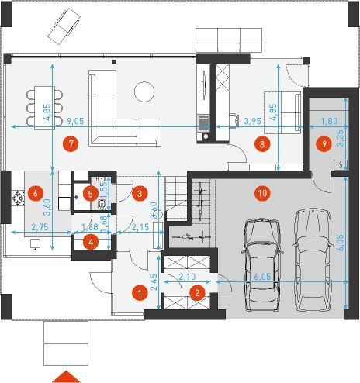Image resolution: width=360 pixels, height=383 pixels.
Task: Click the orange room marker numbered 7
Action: pyautogui.click(x=71, y=143)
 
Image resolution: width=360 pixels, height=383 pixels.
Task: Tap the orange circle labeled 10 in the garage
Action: pyautogui.click(x=262, y=193)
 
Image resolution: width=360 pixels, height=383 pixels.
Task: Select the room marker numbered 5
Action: pyautogui.click(x=90, y=193)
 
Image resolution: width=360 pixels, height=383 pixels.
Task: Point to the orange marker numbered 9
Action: pyautogui.click(x=324, y=143)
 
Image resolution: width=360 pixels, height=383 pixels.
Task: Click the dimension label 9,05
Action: pyautogui.click(x=75, y=121)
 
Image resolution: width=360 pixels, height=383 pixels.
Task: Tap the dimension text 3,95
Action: pyautogui.click(x=253, y=121)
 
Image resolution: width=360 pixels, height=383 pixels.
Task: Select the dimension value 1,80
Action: pyautogui.click(x=329, y=121)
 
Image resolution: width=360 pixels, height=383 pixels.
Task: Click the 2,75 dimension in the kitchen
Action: pyautogui.click(x=40, y=227)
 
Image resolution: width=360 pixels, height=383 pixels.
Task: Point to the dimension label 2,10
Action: pyautogui.click(x=187, y=277)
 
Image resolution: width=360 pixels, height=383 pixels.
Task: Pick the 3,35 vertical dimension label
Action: pyautogui.click(x=341, y=138)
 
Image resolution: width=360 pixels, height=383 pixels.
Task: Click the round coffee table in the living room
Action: pyautogui.click(x=144, y=91)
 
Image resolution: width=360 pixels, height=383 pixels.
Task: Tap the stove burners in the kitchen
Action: pyautogui.click(x=18, y=198)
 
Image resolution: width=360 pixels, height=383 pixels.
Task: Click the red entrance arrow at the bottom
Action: pyautogui.click(x=66, y=376)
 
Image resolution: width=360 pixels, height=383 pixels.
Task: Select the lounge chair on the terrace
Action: pyautogui.click(x=64, y=26)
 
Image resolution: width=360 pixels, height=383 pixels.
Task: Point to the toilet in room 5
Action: pyautogui.click(x=102, y=204)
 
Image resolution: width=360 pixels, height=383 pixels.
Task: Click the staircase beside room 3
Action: pyautogui.click(x=176, y=193)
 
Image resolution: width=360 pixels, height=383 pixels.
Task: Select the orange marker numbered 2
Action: pyautogui.click(x=197, y=293)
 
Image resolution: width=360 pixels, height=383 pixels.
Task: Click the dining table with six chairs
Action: pyautogui.click(x=44, y=108)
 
